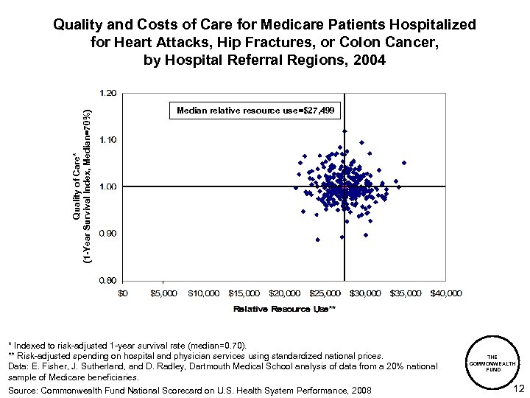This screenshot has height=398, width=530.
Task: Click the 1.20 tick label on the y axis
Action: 108,93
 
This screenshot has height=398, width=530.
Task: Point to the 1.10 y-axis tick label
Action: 108,139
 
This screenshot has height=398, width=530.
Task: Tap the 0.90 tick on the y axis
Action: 108,234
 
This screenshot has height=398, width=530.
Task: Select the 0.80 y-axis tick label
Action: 108,280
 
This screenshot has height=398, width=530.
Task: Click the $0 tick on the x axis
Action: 123,293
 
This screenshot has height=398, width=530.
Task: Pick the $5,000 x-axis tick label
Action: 163,293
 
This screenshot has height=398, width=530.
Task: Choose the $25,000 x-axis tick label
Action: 325,293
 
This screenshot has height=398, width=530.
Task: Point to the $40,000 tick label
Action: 446,293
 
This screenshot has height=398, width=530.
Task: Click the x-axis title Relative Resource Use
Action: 284,309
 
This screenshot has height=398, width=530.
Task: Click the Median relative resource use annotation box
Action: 255,111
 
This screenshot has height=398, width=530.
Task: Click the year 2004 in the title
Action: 368,60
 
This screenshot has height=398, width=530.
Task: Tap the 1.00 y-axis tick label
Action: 108,186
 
